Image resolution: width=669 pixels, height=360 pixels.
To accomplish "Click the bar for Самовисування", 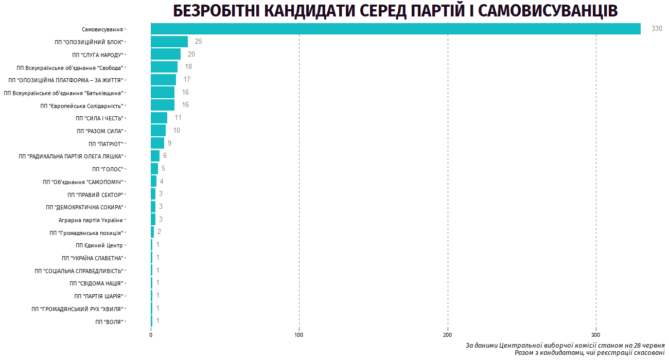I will (x=395, y=29).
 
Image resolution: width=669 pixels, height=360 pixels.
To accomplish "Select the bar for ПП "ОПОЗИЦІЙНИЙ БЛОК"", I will (x=169, y=42).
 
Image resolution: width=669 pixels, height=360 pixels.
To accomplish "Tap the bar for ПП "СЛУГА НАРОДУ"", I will (x=166, y=55).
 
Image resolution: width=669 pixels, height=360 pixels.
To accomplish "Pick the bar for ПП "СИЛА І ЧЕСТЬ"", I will (x=159, y=118).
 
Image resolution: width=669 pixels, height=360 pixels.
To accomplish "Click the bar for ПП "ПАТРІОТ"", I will (x=157, y=143).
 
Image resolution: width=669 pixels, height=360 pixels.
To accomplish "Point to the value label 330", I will (x=657, y=29).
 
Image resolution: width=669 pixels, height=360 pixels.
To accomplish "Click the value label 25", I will (x=199, y=42).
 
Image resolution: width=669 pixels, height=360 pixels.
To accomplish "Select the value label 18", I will (x=188, y=67).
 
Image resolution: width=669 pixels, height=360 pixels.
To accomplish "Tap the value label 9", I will (x=169, y=143).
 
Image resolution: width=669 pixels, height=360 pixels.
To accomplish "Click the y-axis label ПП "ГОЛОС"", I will (x=107, y=169).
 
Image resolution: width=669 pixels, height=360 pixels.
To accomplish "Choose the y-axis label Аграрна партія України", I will (x=91, y=220).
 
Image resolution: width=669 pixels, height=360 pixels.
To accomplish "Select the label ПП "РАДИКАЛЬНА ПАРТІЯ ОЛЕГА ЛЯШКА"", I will (x=71, y=156).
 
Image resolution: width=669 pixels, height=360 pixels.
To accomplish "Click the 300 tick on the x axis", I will (x=596, y=335).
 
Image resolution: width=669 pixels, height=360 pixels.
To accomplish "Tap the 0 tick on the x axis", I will (x=151, y=335).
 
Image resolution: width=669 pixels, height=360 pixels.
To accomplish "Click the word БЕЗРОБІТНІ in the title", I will (x=217, y=11).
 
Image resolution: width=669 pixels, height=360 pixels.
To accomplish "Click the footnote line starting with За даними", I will (x=565, y=345).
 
